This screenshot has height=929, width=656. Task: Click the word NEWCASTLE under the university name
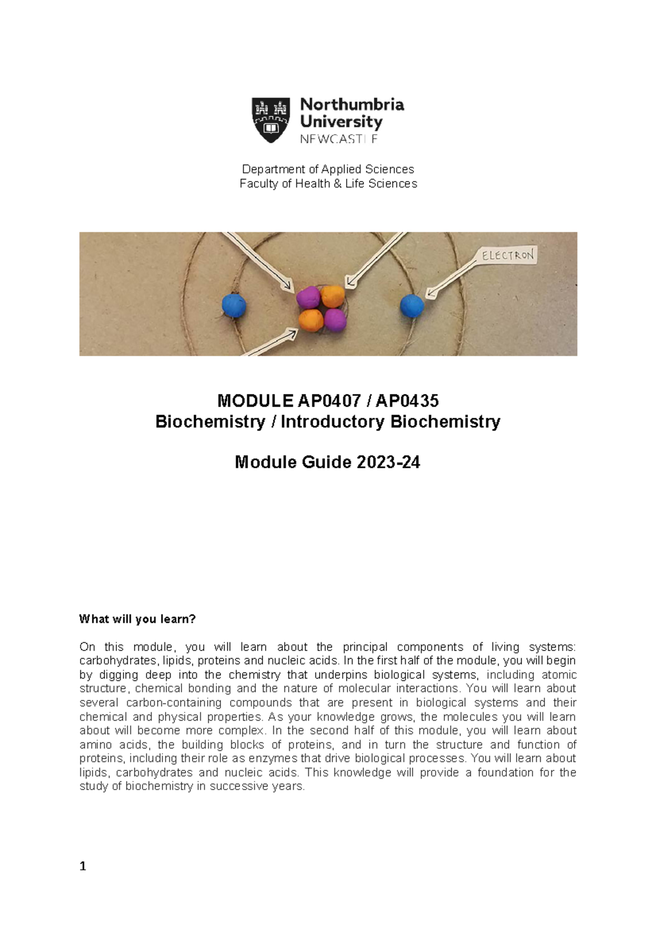click(338, 140)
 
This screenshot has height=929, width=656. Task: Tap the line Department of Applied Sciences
click(328, 169)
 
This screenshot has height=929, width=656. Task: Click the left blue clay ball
click(234, 305)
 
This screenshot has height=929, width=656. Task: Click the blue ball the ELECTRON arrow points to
click(412, 306)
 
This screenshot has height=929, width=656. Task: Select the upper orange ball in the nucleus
click(332, 296)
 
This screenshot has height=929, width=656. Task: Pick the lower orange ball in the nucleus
click(310, 320)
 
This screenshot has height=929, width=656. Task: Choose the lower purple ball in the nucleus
click(335, 320)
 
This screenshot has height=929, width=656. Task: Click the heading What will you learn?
click(137, 619)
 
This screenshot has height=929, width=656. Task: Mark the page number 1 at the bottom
click(83, 866)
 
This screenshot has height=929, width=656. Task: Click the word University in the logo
click(341, 121)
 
